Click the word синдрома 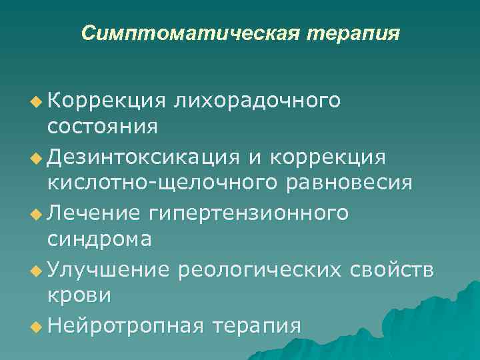[99, 239]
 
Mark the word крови [79, 295]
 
